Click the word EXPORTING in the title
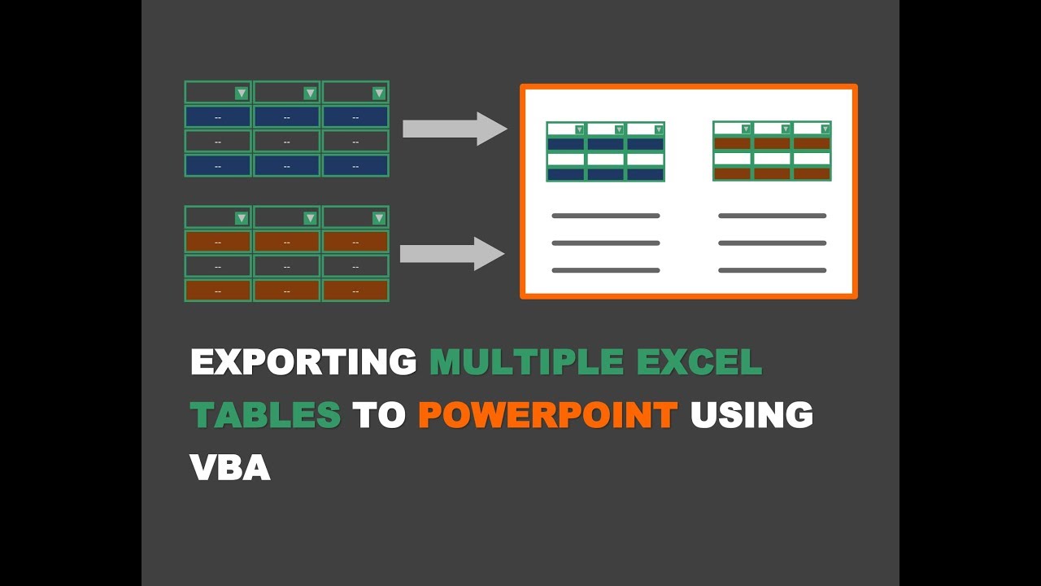click(304, 361)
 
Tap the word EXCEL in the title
click(699, 361)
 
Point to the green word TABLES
click(265, 414)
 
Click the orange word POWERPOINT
click(548, 414)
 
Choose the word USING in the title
click(751, 414)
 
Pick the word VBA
click(230, 467)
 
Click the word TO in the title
click(379, 414)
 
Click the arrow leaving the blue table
click(455, 129)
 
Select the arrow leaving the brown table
click(452, 254)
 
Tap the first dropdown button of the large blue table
click(242, 94)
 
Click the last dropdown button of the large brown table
click(379, 218)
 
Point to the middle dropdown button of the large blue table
click(310, 94)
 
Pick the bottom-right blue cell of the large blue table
click(355, 166)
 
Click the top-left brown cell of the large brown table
click(218, 242)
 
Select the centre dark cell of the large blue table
click(287, 142)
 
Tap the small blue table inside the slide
click(606, 151)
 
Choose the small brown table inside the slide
click(772, 151)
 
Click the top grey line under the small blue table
click(606, 216)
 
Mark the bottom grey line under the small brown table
click(773, 270)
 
